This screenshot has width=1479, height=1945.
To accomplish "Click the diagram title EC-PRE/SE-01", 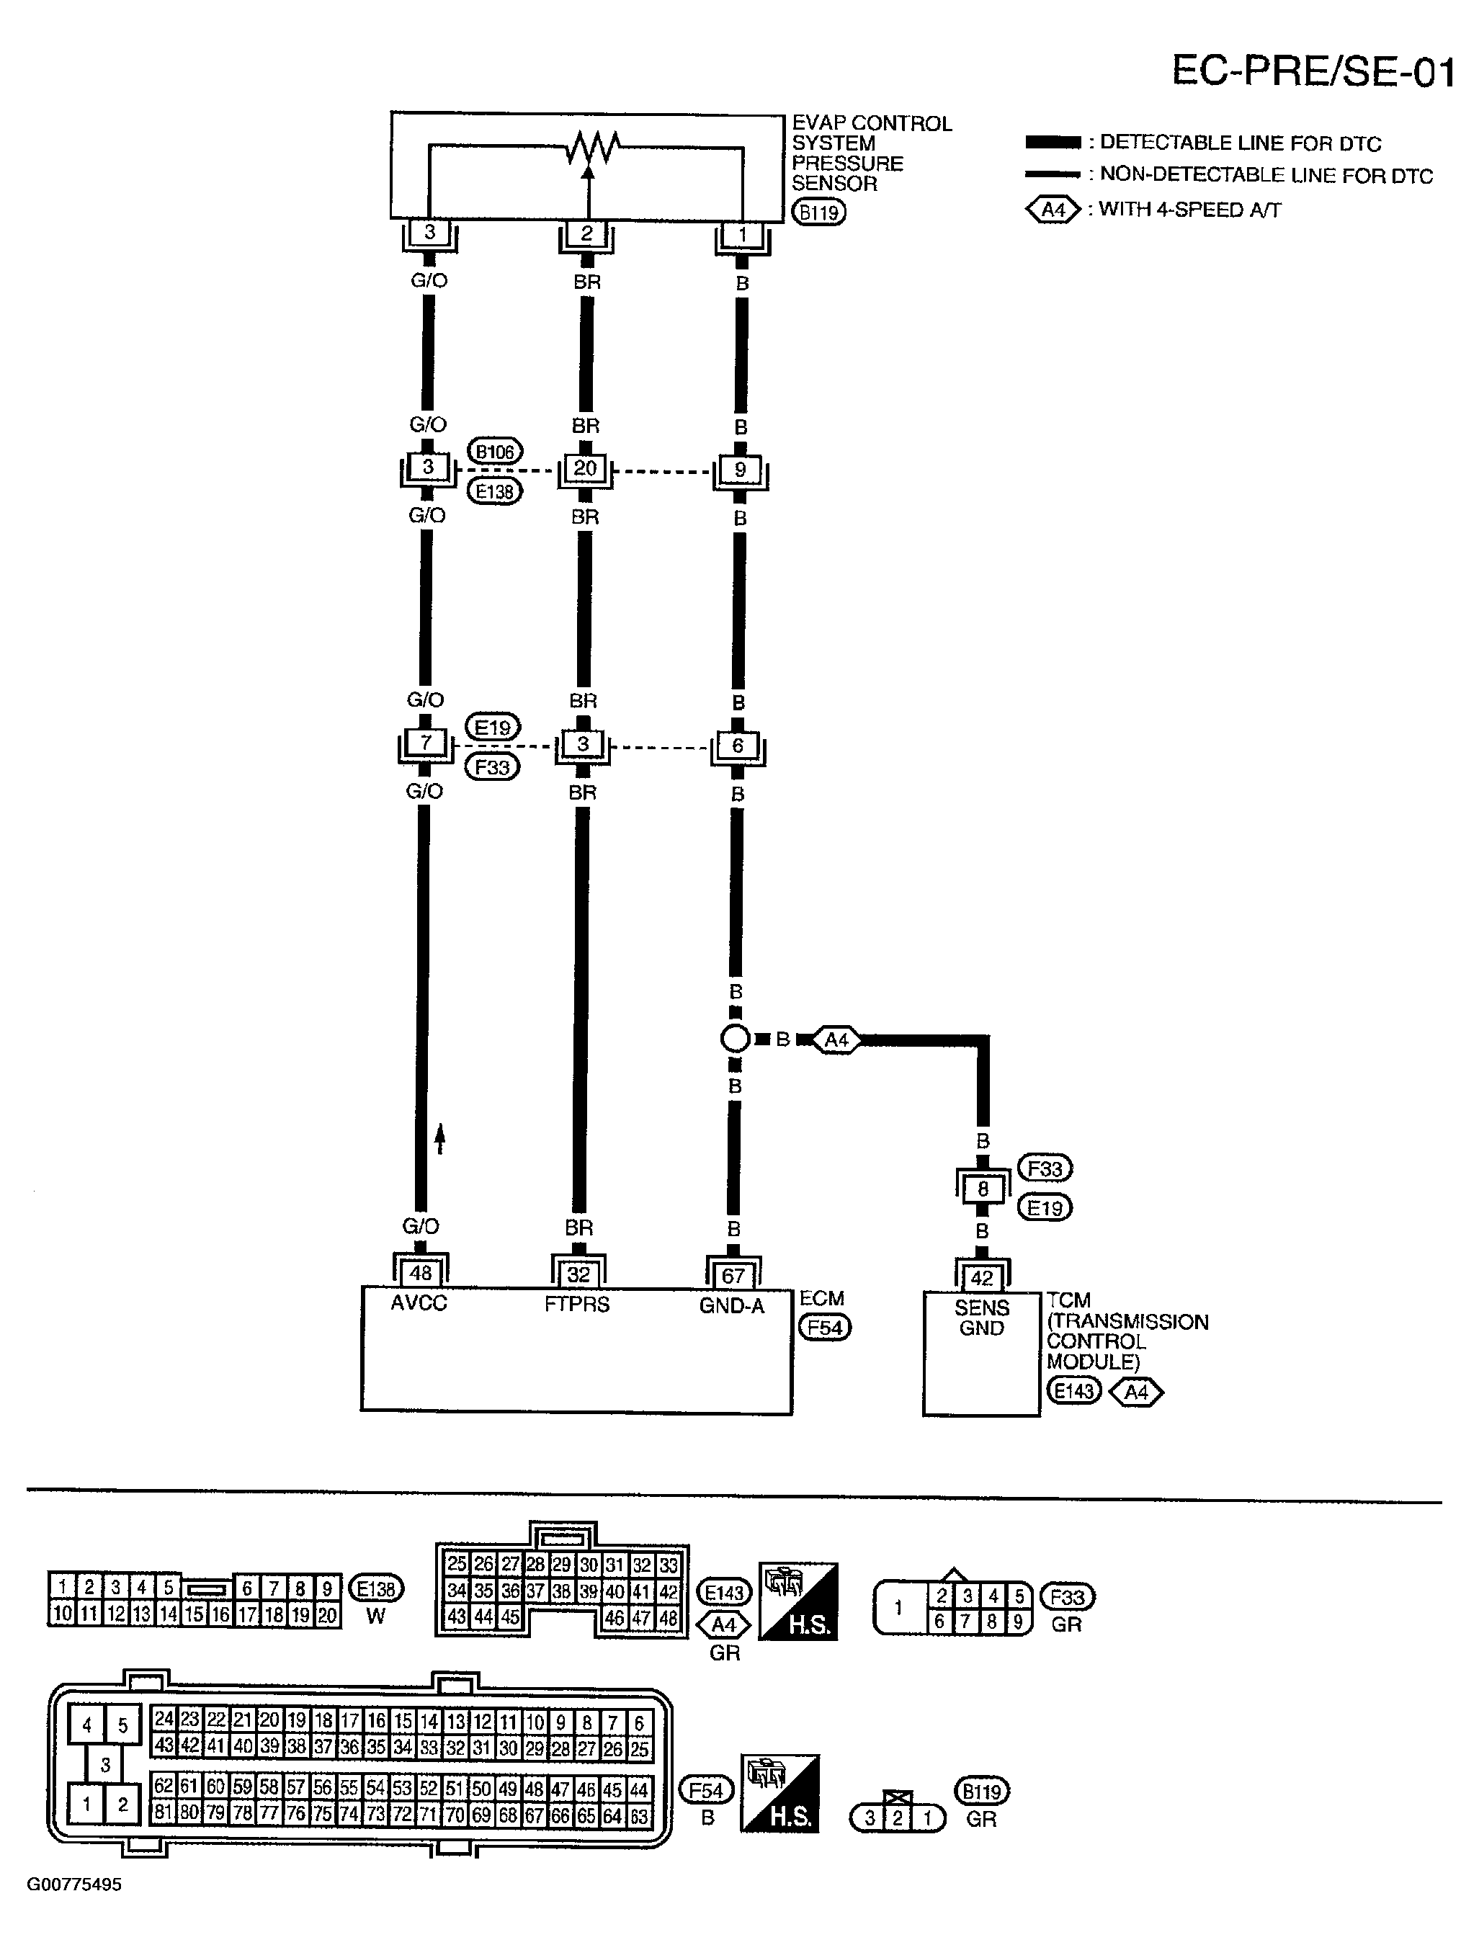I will (x=1313, y=71).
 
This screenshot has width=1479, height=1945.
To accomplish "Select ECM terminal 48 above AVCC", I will (x=421, y=1274).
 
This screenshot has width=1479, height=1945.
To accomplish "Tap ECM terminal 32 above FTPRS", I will (x=578, y=1274).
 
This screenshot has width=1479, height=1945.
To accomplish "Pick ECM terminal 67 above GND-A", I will (x=733, y=1275).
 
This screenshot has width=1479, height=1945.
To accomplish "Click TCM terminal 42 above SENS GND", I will (x=982, y=1278).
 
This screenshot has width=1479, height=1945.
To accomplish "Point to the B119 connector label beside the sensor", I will (x=818, y=212).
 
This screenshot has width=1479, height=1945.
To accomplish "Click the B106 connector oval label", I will (x=495, y=452).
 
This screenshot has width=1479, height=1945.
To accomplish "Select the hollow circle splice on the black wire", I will (x=735, y=1039).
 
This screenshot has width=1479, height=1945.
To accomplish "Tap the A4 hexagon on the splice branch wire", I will (x=836, y=1039).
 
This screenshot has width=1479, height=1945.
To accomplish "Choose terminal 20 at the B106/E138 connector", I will (x=586, y=469).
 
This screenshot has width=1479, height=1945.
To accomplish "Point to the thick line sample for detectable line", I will (x=1053, y=143).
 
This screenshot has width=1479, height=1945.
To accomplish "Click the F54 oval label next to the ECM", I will (x=824, y=1327).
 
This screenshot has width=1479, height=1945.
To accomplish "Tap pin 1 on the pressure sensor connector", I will (x=742, y=235).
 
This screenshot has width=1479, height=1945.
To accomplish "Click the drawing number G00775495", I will (x=74, y=1884).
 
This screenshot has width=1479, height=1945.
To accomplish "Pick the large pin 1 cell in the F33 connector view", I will (x=899, y=1608).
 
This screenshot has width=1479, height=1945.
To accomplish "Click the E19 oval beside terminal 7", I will (x=492, y=728).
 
